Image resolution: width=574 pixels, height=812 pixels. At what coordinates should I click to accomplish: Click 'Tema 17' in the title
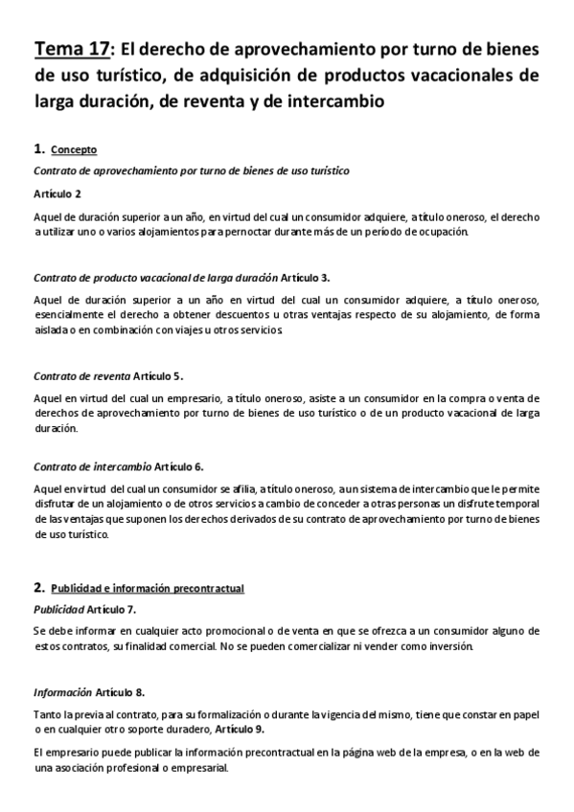point(72,49)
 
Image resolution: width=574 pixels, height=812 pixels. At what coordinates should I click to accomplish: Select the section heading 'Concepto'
point(74,150)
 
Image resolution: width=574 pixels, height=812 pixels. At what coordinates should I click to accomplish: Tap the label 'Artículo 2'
point(58,194)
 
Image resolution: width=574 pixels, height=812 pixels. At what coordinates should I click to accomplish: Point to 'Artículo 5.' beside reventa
point(158,375)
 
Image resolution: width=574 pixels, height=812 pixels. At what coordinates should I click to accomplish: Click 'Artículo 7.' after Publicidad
point(111,609)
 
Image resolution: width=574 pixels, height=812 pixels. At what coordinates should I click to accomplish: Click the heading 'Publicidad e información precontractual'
point(148,588)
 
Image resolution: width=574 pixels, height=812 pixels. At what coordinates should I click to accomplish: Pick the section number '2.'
point(39,587)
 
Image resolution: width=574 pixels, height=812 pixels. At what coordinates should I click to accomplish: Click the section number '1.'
point(39,149)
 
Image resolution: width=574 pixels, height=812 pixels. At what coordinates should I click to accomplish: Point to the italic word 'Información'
point(62,691)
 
